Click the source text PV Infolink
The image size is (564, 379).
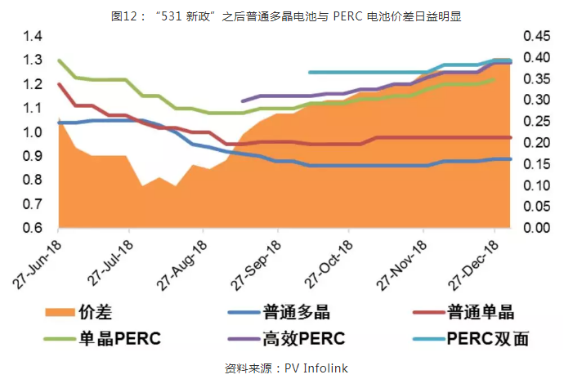(x=316, y=368)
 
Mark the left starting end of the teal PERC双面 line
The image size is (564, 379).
(x=309, y=72)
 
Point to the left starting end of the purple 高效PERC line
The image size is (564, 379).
(x=243, y=101)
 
